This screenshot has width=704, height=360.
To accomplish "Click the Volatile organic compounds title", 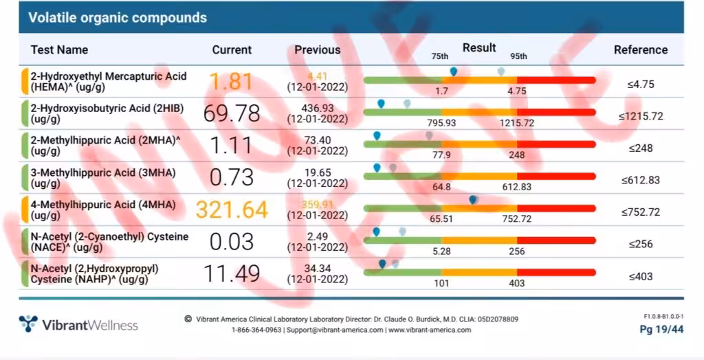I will click(117, 18).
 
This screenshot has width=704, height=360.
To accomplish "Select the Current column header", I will click(232, 49).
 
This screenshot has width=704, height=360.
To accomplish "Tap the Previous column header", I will click(317, 49).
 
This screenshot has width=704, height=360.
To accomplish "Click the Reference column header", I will click(640, 49).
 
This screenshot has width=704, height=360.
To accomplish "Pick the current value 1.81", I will click(231, 82).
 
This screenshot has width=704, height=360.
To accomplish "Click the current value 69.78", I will click(231, 114).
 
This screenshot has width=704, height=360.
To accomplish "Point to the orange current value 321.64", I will click(232, 210).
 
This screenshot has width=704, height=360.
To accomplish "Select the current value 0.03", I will click(231, 242).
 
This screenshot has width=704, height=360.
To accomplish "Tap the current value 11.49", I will click(231, 274).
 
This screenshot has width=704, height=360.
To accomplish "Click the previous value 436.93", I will click(317, 109).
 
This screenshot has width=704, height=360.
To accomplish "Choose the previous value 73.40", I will click(317, 141).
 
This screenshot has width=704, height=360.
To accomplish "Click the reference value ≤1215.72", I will click(640, 116).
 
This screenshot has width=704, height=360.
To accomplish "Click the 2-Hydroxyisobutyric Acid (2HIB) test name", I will click(103, 113).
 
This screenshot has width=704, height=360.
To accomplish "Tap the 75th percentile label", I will click(439, 56).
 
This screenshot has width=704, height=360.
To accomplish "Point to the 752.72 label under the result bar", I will click(516, 219).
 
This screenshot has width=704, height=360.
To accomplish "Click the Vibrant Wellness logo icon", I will click(28, 324).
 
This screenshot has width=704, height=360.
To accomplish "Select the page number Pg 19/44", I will click(661, 330).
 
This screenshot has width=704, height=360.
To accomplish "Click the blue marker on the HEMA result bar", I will click(453, 71).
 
